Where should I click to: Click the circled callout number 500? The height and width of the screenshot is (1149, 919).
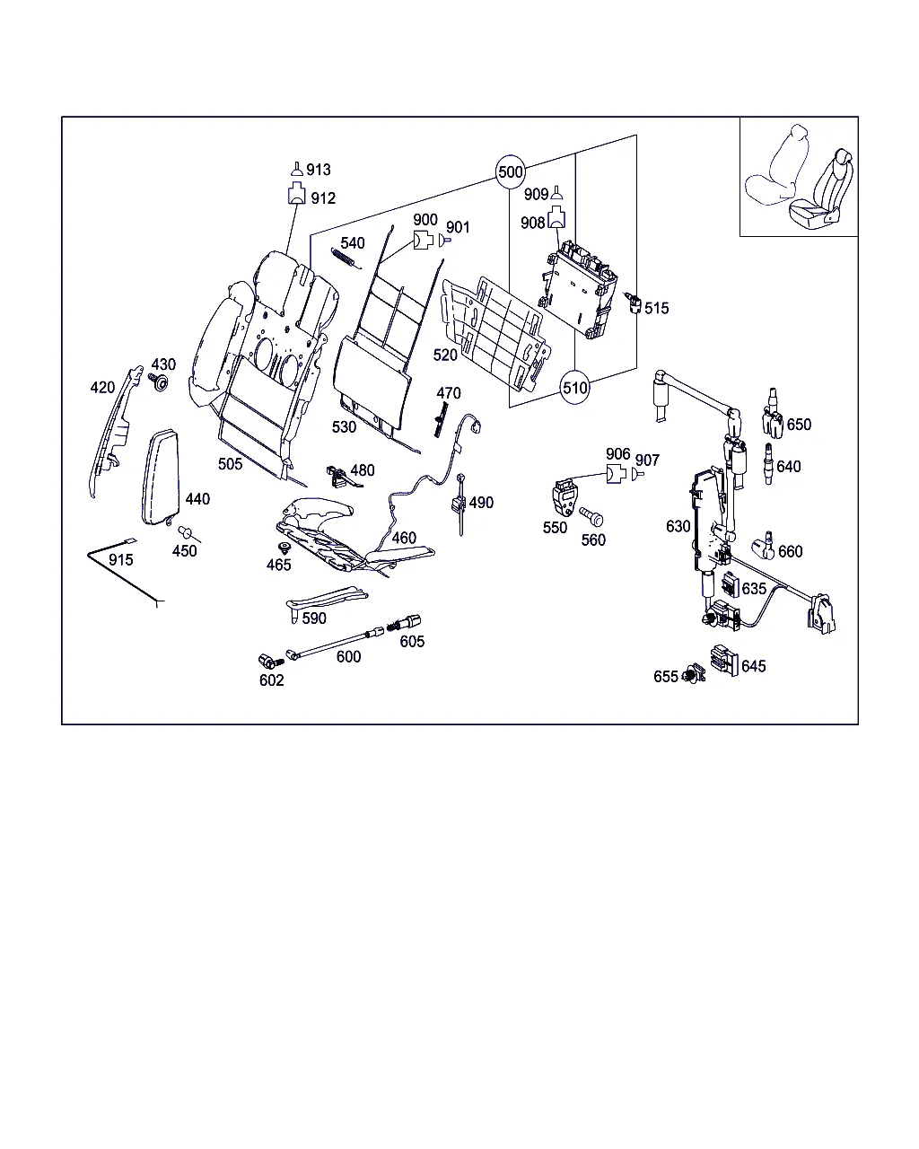[x=510, y=171]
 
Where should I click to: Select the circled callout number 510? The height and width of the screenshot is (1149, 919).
[x=574, y=388]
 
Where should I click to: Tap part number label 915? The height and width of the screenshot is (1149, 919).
[x=120, y=560]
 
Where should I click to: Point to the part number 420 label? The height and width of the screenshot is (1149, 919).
[x=102, y=388]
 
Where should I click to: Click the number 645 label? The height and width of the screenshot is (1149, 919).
[x=754, y=666]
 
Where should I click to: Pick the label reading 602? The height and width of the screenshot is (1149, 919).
[x=271, y=680]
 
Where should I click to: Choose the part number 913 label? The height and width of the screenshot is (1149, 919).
[x=319, y=170]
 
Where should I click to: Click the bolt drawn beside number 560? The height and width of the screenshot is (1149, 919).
[x=592, y=518]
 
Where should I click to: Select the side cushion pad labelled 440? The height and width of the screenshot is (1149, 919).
[x=162, y=476]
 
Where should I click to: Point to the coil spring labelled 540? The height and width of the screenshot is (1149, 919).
[x=344, y=257]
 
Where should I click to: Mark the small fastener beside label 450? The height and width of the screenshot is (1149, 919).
[x=187, y=532]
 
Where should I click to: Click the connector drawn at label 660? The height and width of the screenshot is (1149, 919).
[x=765, y=545]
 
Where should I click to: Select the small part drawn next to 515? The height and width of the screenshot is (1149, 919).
[x=635, y=303]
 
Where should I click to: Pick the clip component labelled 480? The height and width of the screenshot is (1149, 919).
[x=337, y=473]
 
